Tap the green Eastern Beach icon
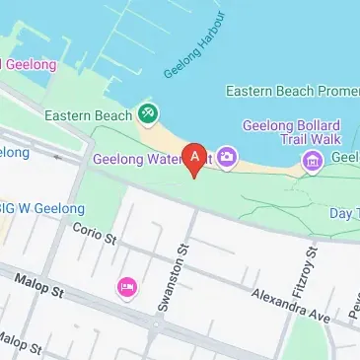(148, 114)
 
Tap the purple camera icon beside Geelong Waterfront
(226, 157)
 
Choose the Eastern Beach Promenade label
(292, 91)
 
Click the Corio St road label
(94, 233)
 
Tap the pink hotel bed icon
(126, 287)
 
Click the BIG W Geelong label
(41, 208)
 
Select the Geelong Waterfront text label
(138, 159)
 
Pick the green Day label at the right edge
(342, 213)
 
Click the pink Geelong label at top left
(30, 65)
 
